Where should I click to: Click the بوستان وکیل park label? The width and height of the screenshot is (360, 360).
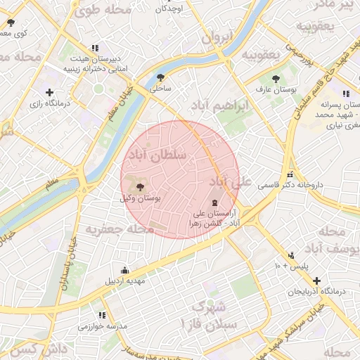141,199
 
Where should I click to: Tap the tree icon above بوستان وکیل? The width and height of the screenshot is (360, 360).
141,187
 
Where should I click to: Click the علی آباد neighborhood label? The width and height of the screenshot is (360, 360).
230,182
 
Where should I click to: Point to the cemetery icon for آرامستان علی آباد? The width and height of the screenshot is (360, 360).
214,202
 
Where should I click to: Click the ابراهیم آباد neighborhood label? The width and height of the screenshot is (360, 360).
219,105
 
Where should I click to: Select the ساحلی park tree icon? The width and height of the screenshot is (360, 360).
161,78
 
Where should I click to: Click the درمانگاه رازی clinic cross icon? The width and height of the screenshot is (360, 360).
49,92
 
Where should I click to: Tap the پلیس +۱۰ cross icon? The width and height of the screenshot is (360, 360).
290,256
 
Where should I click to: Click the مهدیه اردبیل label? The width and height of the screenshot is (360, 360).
125,281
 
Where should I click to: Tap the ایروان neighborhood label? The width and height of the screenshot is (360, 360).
217,38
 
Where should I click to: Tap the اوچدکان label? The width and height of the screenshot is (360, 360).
169,8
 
